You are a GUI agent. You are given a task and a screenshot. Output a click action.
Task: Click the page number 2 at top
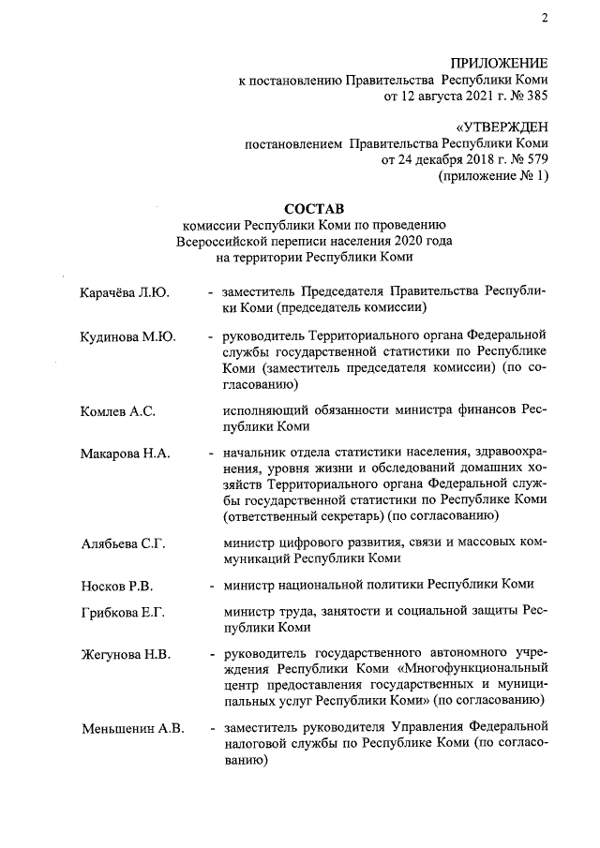pyautogui.click(x=543, y=18)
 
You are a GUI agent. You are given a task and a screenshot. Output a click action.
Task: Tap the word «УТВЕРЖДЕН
pyautogui.click(x=502, y=126)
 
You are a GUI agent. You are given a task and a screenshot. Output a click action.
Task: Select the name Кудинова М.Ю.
pyautogui.click(x=128, y=335)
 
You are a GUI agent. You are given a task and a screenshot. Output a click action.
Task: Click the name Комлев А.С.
pyautogui.click(x=117, y=410)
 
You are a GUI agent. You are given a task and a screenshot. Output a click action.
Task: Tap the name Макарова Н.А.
pyautogui.click(x=125, y=454)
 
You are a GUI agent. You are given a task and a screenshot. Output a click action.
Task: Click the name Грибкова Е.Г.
pyautogui.click(x=123, y=613)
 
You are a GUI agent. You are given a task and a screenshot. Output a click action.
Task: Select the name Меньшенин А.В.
pyautogui.click(x=132, y=728)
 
